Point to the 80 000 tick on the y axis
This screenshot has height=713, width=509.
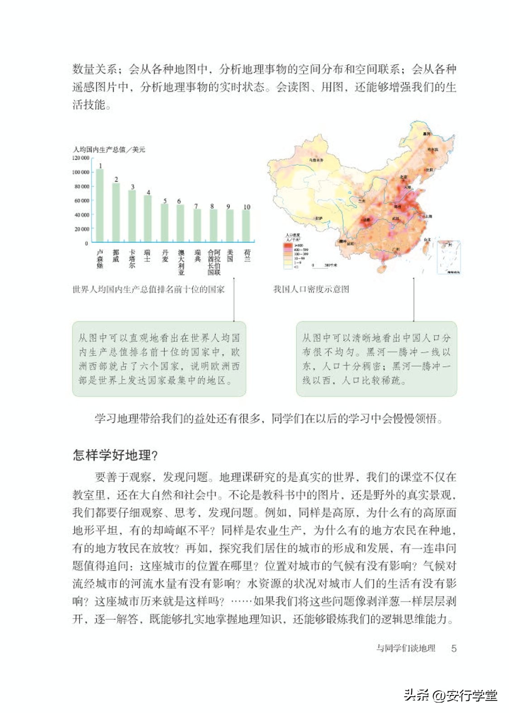click(81, 187)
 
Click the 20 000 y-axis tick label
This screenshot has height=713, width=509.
click(81, 229)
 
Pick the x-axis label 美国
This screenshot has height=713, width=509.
click(230, 256)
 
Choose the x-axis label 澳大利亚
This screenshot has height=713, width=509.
click(181, 262)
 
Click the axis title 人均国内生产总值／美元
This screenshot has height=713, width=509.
click(109, 149)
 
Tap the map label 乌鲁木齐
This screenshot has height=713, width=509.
click(316, 160)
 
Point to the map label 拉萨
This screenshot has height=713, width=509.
click(319, 218)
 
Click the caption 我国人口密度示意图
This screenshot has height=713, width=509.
click(311, 289)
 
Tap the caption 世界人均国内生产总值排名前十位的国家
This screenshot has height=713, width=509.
click(148, 289)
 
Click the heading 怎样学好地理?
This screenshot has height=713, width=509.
click(115, 455)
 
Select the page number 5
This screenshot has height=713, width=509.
click(454, 648)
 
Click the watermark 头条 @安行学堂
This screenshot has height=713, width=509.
click(450, 695)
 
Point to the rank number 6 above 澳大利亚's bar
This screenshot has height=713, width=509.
click(179, 201)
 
